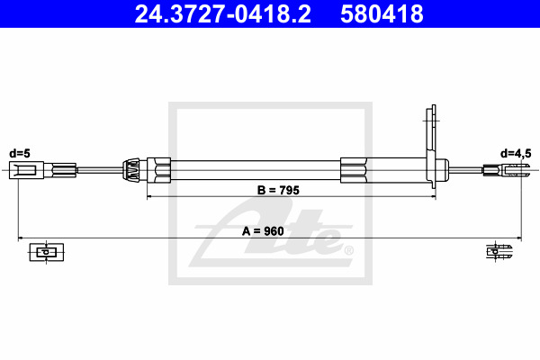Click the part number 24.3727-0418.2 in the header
point(222,14)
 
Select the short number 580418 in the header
point(382,14)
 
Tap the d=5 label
point(20,153)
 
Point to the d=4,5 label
point(516,154)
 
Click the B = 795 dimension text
point(278,190)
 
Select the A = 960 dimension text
point(263,231)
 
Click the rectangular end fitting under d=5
point(26,170)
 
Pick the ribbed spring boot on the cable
point(131,170)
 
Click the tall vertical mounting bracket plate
point(431,147)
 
